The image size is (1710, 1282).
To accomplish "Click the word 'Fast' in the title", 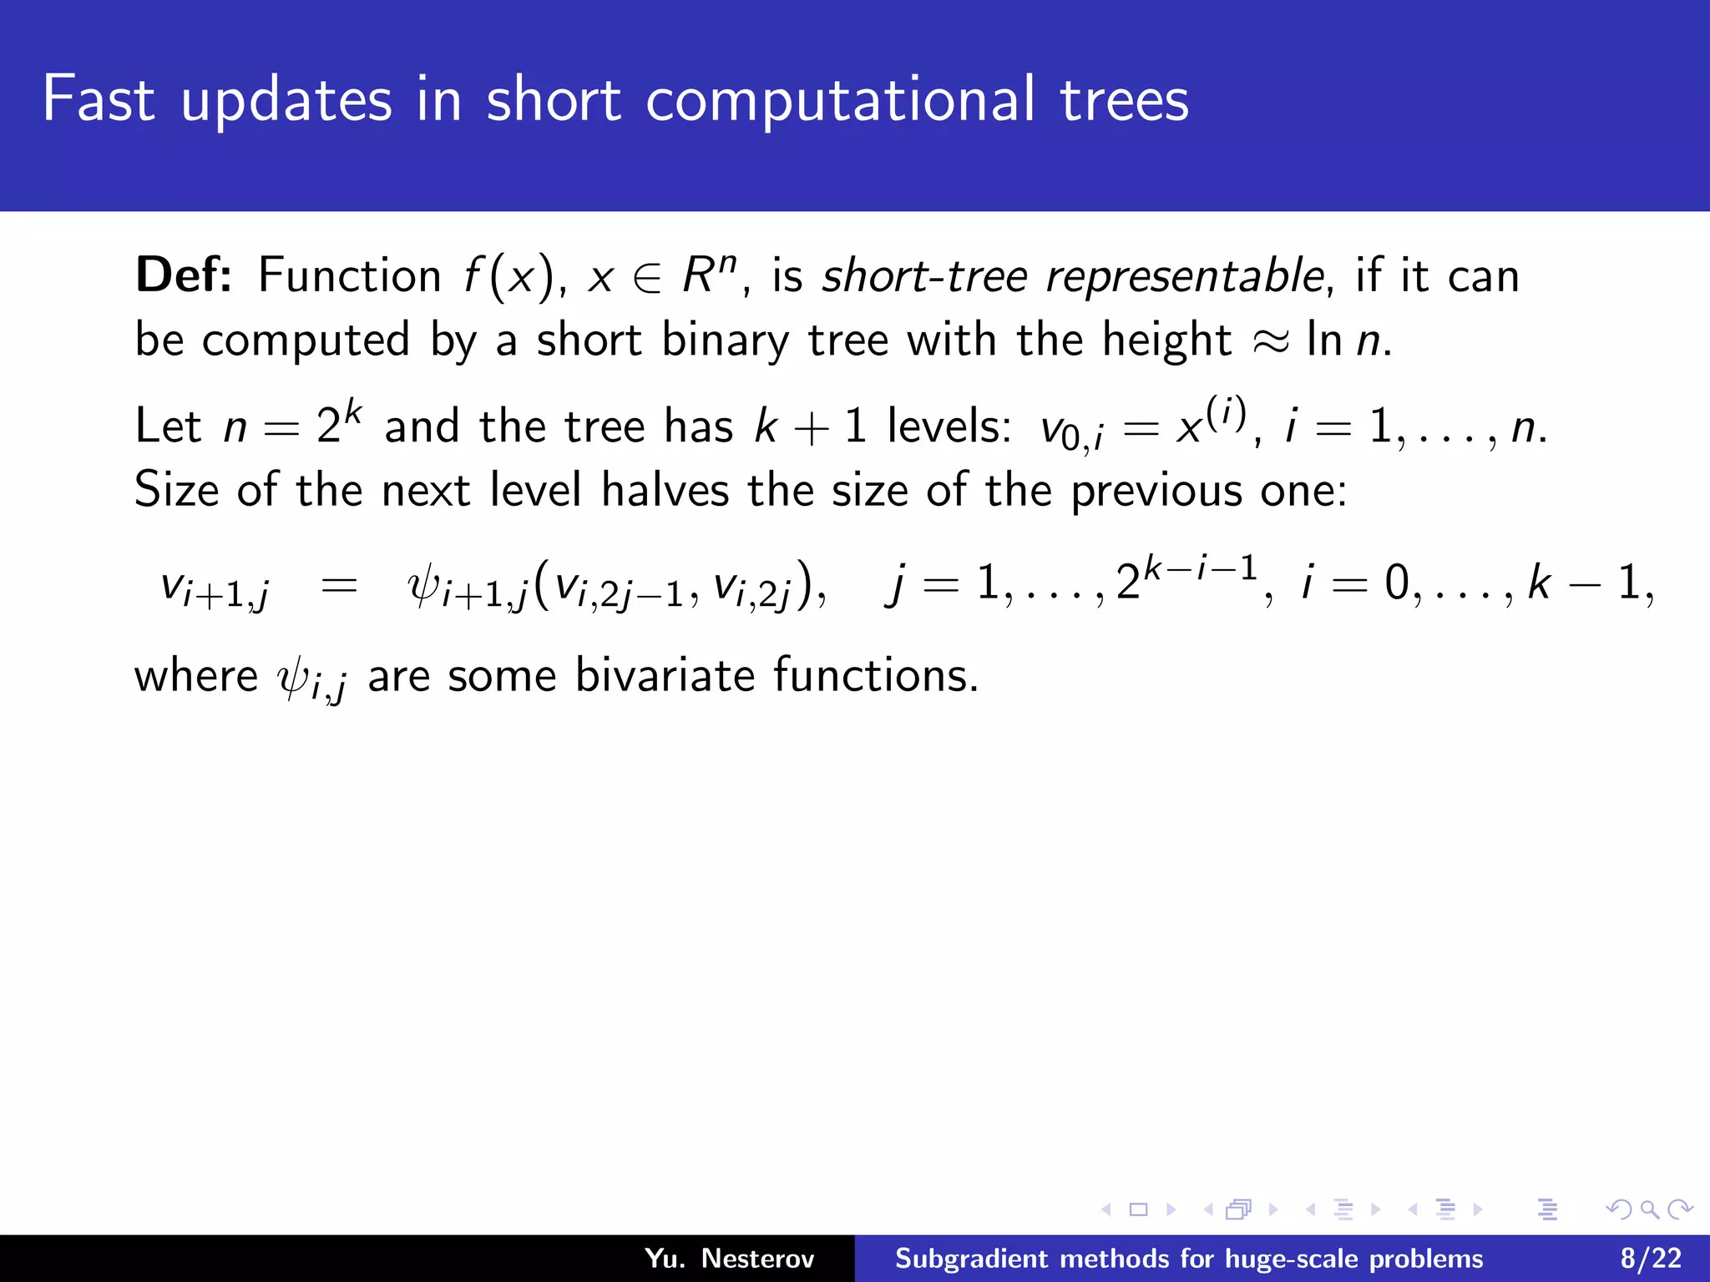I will (99, 99).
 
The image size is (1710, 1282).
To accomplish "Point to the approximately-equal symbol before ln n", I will (1271, 341).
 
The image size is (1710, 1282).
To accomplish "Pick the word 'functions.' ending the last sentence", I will (876, 675).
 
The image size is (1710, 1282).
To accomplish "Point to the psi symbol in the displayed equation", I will (423, 585).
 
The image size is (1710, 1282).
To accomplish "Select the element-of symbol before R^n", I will (647, 278).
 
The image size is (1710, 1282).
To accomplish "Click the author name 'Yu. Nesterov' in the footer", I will (729, 1259).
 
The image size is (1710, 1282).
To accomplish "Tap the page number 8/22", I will (1651, 1259).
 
